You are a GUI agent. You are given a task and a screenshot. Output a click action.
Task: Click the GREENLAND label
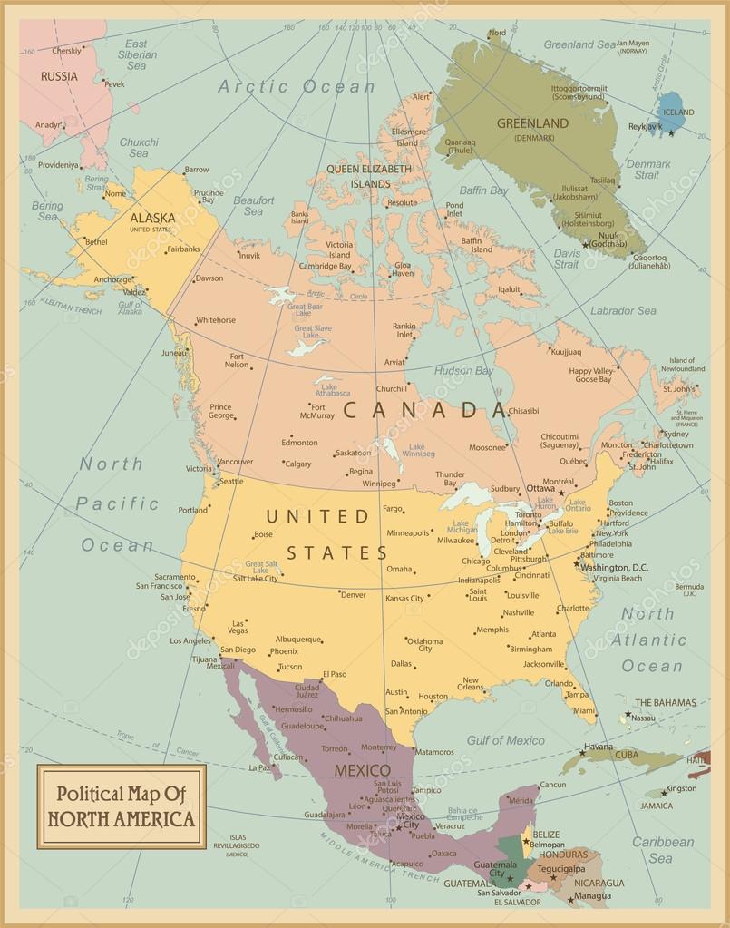pyautogui.click(x=532, y=123)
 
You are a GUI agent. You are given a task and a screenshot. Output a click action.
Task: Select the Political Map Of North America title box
pyautogui.click(x=122, y=806)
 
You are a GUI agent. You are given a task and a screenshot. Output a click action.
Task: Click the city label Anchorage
pyautogui.click(x=113, y=279)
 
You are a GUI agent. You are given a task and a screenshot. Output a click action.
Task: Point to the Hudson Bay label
pyautogui.click(x=463, y=371)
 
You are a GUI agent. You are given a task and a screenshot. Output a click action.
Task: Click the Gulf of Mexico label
pyautogui.click(x=505, y=740)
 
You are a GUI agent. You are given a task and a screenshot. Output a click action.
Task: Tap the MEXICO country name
pyautogui.click(x=362, y=770)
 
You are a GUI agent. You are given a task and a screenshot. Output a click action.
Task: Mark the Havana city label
pyautogui.click(x=598, y=747)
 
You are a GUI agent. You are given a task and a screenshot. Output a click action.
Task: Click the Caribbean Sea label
pyautogui.click(x=662, y=849)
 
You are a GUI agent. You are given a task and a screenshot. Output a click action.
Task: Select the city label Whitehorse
pyautogui.click(x=215, y=320)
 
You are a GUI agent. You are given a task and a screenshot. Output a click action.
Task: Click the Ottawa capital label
pyautogui.click(x=540, y=488)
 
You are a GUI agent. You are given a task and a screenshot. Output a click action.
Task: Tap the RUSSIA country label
pyautogui.click(x=59, y=76)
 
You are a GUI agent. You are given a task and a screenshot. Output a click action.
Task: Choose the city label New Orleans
pyautogui.click(x=470, y=684)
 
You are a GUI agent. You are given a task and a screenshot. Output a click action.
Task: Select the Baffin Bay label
pyautogui.click(x=483, y=190)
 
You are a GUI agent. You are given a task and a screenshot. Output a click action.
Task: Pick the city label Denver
pyautogui.click(x=353, y=594)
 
